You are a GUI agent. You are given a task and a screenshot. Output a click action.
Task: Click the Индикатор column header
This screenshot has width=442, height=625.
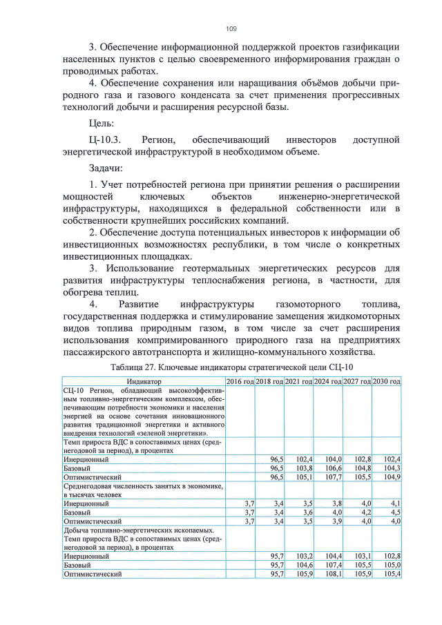pyautogui.click(x=144, y=381)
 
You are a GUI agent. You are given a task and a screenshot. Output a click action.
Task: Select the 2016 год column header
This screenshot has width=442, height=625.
pyautogui.click(x=240, y=381)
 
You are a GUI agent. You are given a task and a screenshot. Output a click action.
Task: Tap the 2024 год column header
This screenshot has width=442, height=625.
pyautogui.click(x=328, y=381)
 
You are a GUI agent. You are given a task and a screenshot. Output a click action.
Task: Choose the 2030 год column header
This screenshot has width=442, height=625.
pyautogui.click(x=387, y=381)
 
